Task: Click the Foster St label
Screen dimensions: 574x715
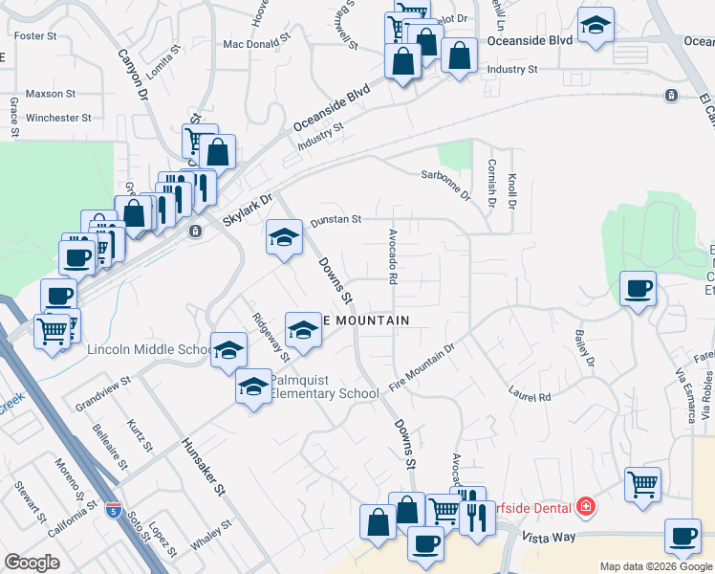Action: [35, 35]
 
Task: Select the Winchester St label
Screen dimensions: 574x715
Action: [58, 118]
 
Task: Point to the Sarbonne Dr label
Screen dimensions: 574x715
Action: [446, 181]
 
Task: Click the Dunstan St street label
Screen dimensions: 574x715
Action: [335, 219]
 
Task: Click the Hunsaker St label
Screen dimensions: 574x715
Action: [202, 467]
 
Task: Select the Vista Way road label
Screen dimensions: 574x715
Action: [549, 538]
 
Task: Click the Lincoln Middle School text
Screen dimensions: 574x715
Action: [149, 350]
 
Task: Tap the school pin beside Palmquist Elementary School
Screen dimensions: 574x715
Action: [253, 386]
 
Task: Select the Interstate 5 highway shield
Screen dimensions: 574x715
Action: [114, 510]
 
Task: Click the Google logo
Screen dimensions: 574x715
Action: [32, 563]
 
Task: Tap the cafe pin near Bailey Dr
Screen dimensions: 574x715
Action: [638, 287]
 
